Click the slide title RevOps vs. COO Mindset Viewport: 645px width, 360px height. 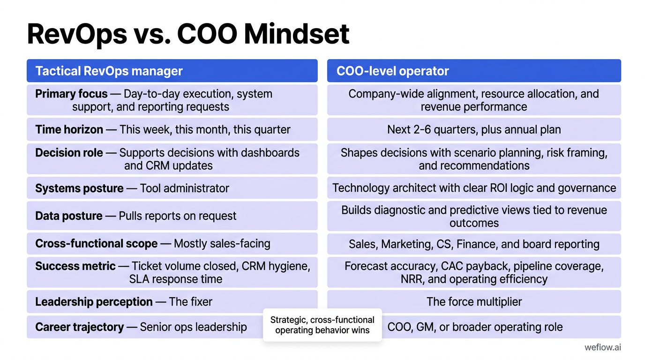click(188, 34)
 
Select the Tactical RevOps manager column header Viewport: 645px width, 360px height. click(109, 71)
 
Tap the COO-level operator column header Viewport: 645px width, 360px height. click(392, 71)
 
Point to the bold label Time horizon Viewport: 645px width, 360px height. click(69, 129)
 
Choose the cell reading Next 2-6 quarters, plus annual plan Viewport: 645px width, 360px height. click(473, 129)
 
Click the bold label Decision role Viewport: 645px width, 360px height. click(69, 153)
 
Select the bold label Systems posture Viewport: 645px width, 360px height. click(79, 188)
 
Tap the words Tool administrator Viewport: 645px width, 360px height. click(184, 188)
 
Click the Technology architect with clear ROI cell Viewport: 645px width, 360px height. click(473, 188)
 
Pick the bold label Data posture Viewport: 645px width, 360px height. click(68, 216)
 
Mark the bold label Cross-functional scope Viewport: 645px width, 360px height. click(96, 244)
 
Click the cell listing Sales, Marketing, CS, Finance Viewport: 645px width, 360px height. click(473, 244)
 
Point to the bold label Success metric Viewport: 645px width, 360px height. click(75, 266)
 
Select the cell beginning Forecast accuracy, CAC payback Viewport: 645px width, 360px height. click(473, 272)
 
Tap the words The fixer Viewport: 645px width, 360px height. click(190, 302)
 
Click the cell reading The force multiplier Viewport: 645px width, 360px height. click(473, 302)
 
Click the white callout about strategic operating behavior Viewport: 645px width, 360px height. click(322, 325)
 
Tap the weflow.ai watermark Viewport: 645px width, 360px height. click(603, 347)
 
